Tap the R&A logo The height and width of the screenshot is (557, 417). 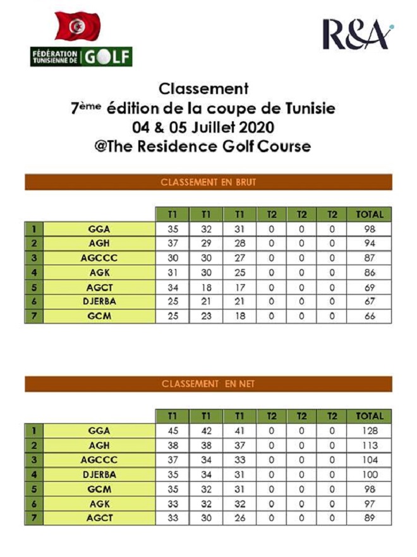[358, 35]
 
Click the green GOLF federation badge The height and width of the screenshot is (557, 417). [82, 57]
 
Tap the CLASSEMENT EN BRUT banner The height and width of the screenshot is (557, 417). [208, 183]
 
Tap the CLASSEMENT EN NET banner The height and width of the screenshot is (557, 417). [208, 384]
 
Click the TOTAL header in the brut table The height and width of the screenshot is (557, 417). [370, 214]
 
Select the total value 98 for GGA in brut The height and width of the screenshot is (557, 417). [370, 229]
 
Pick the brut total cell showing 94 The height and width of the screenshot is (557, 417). [370, 243]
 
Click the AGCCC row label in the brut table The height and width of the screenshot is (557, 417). [100, 258]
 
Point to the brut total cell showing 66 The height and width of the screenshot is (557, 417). [370, 316]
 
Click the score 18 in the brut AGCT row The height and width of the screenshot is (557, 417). [205, 287]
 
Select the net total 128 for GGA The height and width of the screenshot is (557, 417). [370, 431]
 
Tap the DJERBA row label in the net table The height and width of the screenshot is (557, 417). [100, 474]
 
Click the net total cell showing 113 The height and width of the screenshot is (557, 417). [370, 445]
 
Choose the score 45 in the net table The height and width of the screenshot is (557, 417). [172, 431]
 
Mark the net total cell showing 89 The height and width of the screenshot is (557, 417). [370, 518]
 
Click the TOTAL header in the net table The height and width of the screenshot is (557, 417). [370, 416]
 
